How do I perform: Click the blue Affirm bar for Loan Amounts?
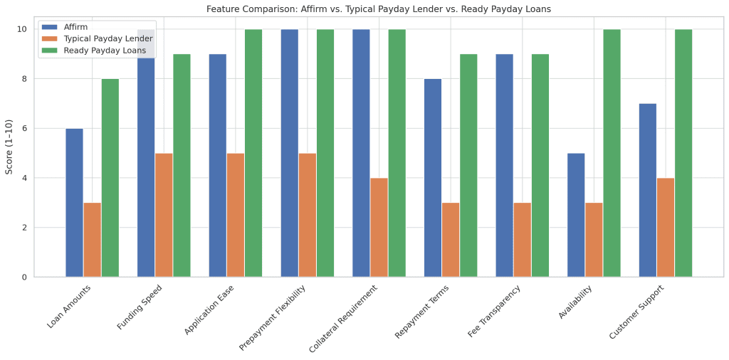(74, 203)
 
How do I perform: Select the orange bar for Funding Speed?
(164, 215)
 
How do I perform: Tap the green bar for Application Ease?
(253, 153)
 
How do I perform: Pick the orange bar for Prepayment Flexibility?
(307, 215)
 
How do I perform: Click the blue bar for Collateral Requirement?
(361, 153)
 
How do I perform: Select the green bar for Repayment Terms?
(468, 165)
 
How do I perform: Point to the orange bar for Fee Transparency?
(522, 240)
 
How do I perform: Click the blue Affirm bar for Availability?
(576, 215)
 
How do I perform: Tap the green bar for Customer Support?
(683, 153)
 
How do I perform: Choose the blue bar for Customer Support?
(647, 190)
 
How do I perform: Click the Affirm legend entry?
(71, 27)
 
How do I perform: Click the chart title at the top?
(378, 9)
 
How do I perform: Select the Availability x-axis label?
(575, 303)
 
